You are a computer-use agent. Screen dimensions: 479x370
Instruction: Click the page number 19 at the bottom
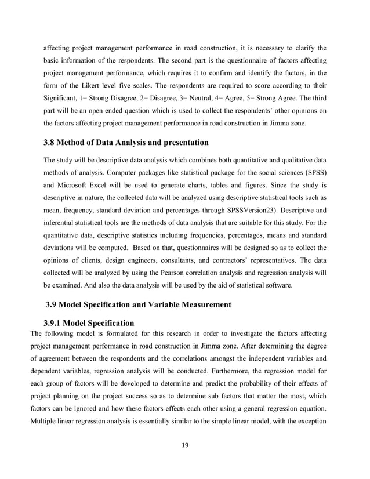[x=185, y=445]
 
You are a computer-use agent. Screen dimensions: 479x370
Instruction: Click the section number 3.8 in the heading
[x=51, y=142]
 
